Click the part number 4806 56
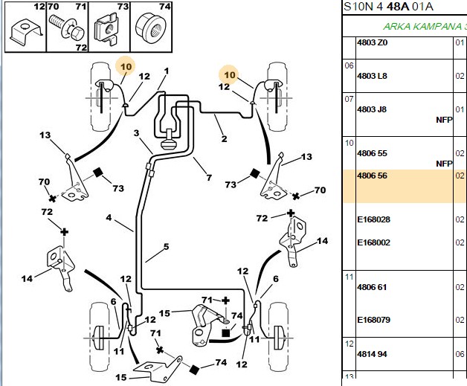[372, 176]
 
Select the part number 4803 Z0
[373, 42]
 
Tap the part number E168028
[373, 219]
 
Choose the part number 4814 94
[372, 354]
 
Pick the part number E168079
[373, 320]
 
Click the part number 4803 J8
[372, 109]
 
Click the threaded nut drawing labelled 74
[151, 29]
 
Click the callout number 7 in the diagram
[209, 178]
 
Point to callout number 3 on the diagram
[136, 133]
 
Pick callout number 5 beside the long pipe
[166, 247]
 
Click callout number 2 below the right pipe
[224, 139]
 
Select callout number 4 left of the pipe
[109, 218]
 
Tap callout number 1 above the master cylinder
[167, 71]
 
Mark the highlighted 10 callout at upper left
[126, 67]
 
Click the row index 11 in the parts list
[349, 277]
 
